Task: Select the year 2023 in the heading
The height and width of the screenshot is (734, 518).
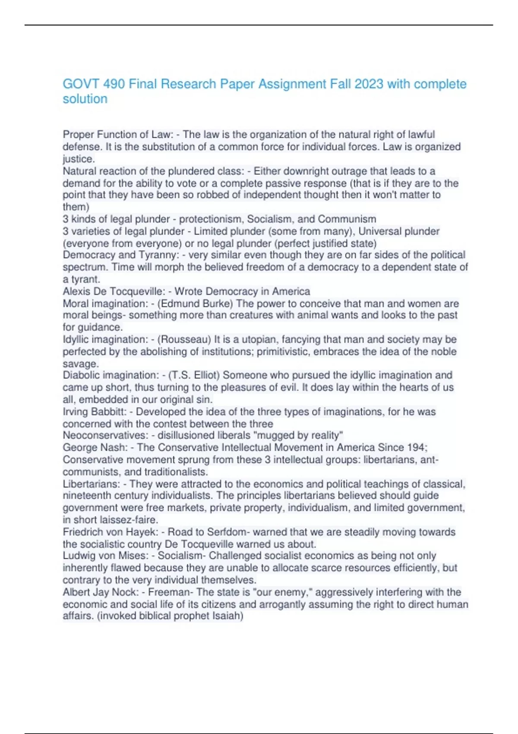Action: [x=369, y=84]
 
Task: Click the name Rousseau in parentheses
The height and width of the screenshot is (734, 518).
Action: [x=185, y=339]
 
